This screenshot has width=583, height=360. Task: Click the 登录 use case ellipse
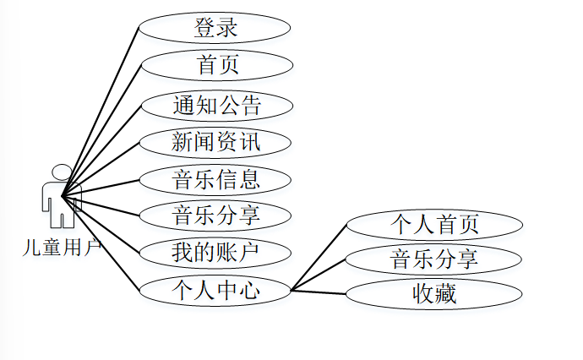215,28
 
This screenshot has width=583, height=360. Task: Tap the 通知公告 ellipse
216,105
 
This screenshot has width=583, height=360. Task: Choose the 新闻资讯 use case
215,142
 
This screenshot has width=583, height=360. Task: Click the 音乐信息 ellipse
215,179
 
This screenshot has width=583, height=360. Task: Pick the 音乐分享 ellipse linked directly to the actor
215,215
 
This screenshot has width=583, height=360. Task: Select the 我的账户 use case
215,252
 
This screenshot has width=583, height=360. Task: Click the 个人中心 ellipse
215,291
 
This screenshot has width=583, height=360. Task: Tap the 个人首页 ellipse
434,224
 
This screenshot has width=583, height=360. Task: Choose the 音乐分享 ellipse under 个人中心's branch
434,259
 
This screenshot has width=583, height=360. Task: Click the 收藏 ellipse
434,294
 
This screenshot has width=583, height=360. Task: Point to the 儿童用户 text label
62,248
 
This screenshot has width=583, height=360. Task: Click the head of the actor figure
62,172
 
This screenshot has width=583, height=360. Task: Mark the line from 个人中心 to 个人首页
319,257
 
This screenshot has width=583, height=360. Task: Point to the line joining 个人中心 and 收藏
319,292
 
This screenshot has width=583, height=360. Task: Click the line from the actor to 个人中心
101,244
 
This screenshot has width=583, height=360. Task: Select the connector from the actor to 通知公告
101,150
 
